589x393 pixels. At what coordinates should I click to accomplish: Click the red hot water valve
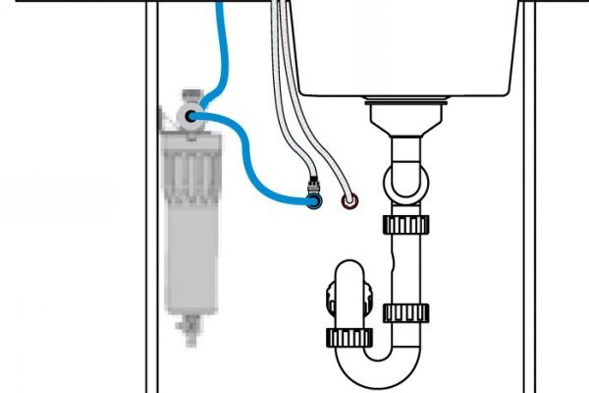(x=348, y=202)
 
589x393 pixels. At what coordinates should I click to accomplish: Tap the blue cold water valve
(x=313, y=201)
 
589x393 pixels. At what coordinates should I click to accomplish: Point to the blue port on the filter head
(x=189, y=116)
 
